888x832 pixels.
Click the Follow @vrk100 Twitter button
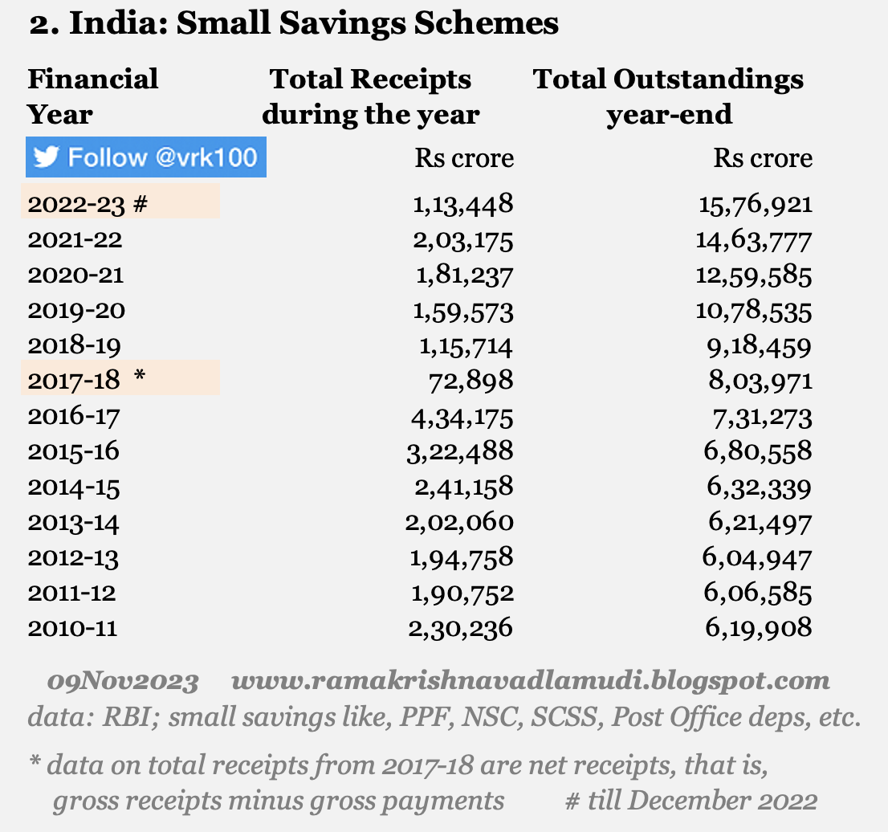146,157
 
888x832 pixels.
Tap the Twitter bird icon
47,157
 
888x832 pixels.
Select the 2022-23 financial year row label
76,204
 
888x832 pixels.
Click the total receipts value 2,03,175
463,239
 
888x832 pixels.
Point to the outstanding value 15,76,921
756,204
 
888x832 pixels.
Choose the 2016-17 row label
75,415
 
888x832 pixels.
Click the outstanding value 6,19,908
760,627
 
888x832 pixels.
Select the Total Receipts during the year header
371,96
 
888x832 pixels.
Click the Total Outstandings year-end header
669,96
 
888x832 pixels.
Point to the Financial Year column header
92,96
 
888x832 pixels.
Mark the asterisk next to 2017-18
141,377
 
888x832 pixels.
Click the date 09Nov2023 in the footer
122,682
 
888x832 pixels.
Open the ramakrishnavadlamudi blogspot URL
530,682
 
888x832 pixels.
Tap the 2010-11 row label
72,627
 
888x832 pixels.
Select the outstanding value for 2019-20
756,310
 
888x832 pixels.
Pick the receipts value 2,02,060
460,522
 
